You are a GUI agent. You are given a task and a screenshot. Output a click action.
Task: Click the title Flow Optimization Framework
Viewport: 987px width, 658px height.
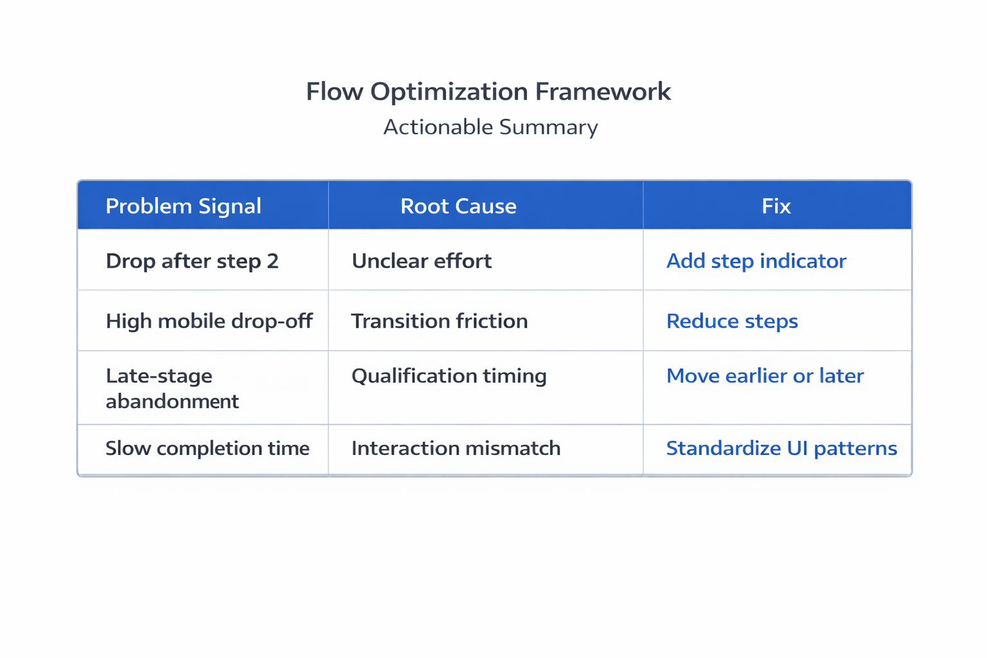coord(488,92)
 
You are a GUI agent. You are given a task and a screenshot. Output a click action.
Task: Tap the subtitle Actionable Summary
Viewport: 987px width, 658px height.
coord(490,127)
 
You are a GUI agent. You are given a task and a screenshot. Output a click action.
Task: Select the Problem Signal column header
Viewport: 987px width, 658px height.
coord(183,206)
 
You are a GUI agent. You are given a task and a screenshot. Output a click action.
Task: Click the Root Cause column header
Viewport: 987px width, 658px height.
coord(458,206)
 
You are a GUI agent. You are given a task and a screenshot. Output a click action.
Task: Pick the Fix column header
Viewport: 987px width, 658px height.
coord(776,206)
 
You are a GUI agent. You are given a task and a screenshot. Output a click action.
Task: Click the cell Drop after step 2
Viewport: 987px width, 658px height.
coord(192,261)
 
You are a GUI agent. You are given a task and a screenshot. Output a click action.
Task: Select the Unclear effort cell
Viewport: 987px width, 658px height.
coord(422,261)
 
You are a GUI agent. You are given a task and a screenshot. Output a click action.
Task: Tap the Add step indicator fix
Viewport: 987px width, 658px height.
coord(756,261)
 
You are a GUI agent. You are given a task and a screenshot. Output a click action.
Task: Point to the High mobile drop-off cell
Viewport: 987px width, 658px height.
coord(209,321)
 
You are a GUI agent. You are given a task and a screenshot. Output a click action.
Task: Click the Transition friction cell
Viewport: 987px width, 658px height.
coord(440,321)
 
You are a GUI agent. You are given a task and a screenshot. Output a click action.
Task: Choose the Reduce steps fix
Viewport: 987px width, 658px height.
coord(732,321)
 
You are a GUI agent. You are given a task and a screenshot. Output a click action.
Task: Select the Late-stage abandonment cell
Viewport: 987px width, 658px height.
coord(172,388)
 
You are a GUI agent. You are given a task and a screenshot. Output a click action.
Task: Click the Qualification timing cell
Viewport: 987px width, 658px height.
coord(449,376)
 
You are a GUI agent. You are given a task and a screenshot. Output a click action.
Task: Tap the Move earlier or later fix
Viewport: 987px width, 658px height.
coord(765,376)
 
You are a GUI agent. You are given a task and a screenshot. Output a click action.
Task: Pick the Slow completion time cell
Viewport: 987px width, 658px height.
coord(207,448)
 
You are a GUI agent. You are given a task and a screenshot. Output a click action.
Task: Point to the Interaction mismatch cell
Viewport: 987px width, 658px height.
coord(456,448)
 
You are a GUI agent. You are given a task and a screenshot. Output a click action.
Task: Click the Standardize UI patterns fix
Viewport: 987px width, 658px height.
coord(781,448)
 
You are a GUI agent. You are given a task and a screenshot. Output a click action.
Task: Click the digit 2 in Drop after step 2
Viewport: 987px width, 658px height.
coord(272,261)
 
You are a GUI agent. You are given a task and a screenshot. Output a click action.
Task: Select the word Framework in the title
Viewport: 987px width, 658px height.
coord(603,92)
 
